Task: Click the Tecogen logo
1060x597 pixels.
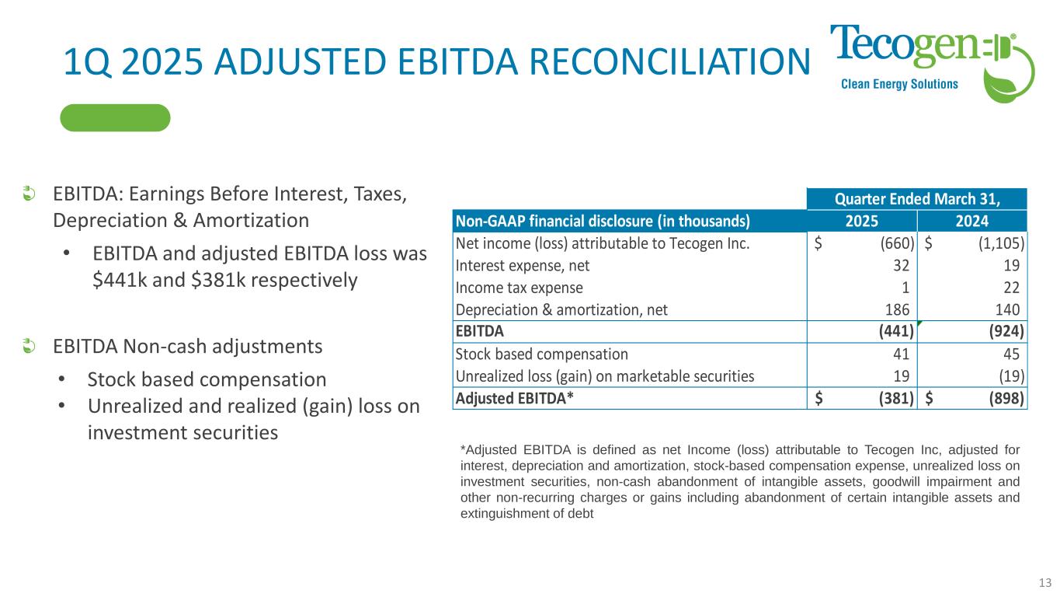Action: [932, 62]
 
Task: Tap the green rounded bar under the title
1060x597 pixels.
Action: [115, 117]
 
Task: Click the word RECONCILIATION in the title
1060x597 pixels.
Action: [669, 61]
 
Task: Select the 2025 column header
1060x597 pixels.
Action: [862, 221]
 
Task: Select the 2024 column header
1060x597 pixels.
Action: [972, 221]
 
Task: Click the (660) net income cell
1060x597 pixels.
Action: [897, 243]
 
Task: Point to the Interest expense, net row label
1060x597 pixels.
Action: [523, 266]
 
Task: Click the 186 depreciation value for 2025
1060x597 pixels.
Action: [897, 310]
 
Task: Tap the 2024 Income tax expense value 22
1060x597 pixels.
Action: [1011, 288]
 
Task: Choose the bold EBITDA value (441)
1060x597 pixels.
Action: [896, 331]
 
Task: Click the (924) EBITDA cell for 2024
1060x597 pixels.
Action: [1006, 331]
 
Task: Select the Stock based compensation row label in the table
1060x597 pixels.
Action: [542, 354]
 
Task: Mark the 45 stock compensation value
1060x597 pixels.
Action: [1011, 354]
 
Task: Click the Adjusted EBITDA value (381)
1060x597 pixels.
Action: [896, 399]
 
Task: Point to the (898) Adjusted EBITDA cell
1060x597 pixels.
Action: [1006, 399]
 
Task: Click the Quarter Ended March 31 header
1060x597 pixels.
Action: [917, 199]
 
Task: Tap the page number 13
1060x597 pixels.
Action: [1045, 582]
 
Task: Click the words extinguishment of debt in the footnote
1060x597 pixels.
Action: [527, 514]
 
